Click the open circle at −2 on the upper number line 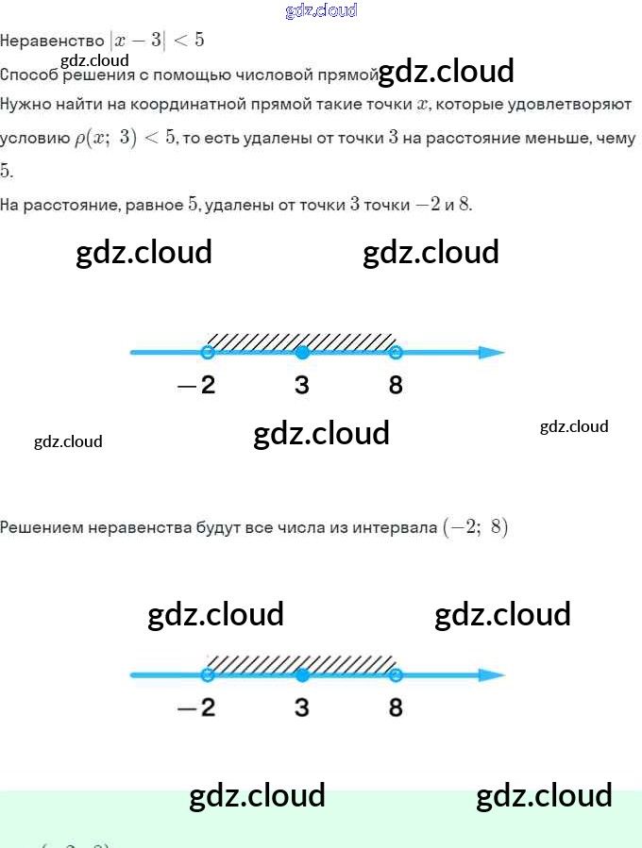[x=208, y=353]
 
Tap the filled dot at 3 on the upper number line [x=302, y=353]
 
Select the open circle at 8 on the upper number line [x=396, y=353]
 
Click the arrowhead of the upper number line [x=492, y=353]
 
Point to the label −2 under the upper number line [x=196, y=385]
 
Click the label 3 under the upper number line [x=302, y=385]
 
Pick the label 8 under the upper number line [x=396, y=385]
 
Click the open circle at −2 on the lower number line [x=208, y=675]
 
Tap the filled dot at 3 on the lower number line [x=302, y=675]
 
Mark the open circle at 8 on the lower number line [x=396, y=675]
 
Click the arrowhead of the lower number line [x=492, y=675]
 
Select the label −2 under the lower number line [x=196, y=707]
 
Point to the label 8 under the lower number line [x=396, y=707]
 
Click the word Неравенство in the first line [x=52, y=41]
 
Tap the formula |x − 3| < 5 [x=157, y=41]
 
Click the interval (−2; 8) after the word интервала [x=475, y=527]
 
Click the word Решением [x=42, y=527]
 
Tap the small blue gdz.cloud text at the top [x=321, y=11]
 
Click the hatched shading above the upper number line [x=302, y=340]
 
